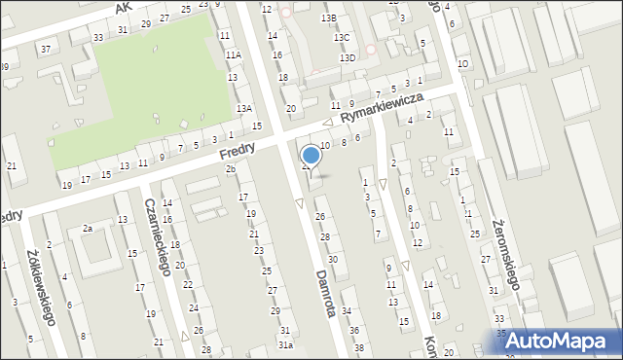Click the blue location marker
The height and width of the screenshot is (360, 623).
point(311,154)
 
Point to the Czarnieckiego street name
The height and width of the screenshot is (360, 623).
point(158,236)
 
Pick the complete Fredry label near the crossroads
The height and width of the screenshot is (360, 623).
point(237,152)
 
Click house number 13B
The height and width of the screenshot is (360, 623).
point(329,18)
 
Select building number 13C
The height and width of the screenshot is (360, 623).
point(341,37)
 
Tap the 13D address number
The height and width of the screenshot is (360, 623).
point(348,58)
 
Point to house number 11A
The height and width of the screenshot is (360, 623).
point(233,55)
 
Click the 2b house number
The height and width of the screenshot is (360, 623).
point(231,170)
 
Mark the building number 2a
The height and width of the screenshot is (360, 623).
point(87,228)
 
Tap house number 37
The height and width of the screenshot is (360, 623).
point(46,49)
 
